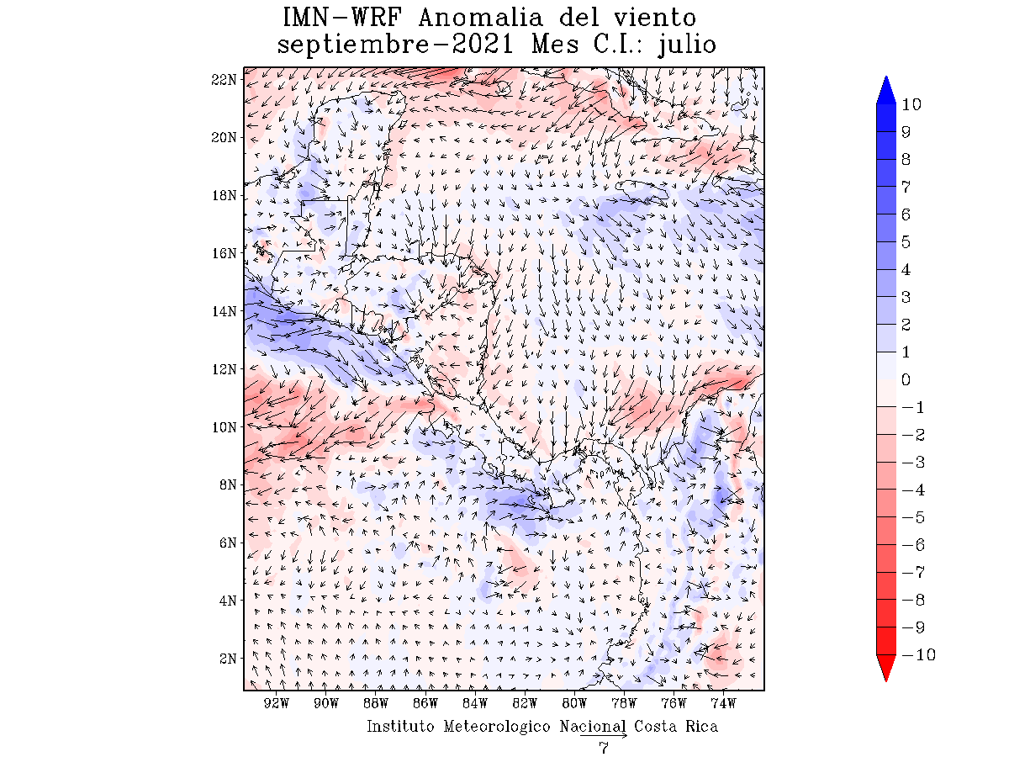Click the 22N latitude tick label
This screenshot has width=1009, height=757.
click(x=225, y=79)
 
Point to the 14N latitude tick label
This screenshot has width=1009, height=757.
click(x=225, y=311)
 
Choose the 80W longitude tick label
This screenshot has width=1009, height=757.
click(x=574, y=703)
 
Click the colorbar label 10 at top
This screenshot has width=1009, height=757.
click(x=911, y=104)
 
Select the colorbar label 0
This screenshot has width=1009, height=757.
click(x=906, y=379)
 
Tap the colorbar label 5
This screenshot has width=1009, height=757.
click(x=906, y=242)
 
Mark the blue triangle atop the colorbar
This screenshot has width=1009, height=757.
click(x=886, y=90)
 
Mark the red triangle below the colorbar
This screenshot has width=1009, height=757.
click(x=886, y=669)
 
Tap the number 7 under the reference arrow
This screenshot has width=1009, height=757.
click(x=604, y=749)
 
